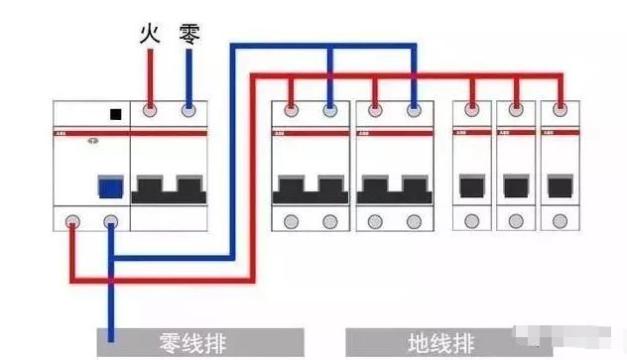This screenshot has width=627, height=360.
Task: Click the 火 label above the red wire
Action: click(x=150, y=36)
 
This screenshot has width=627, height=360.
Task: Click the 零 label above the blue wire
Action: click(x=188, y=36)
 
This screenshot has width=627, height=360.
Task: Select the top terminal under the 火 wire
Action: click(x=150, y=113)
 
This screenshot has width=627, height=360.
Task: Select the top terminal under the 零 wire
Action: click(x=188, y=113)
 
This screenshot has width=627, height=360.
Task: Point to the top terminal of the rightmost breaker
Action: click(x=560, y=112)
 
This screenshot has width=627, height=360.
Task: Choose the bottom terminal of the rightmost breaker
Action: click(x=560, y=220)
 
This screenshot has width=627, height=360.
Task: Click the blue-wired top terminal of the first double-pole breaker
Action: click(x=330, y=112)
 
